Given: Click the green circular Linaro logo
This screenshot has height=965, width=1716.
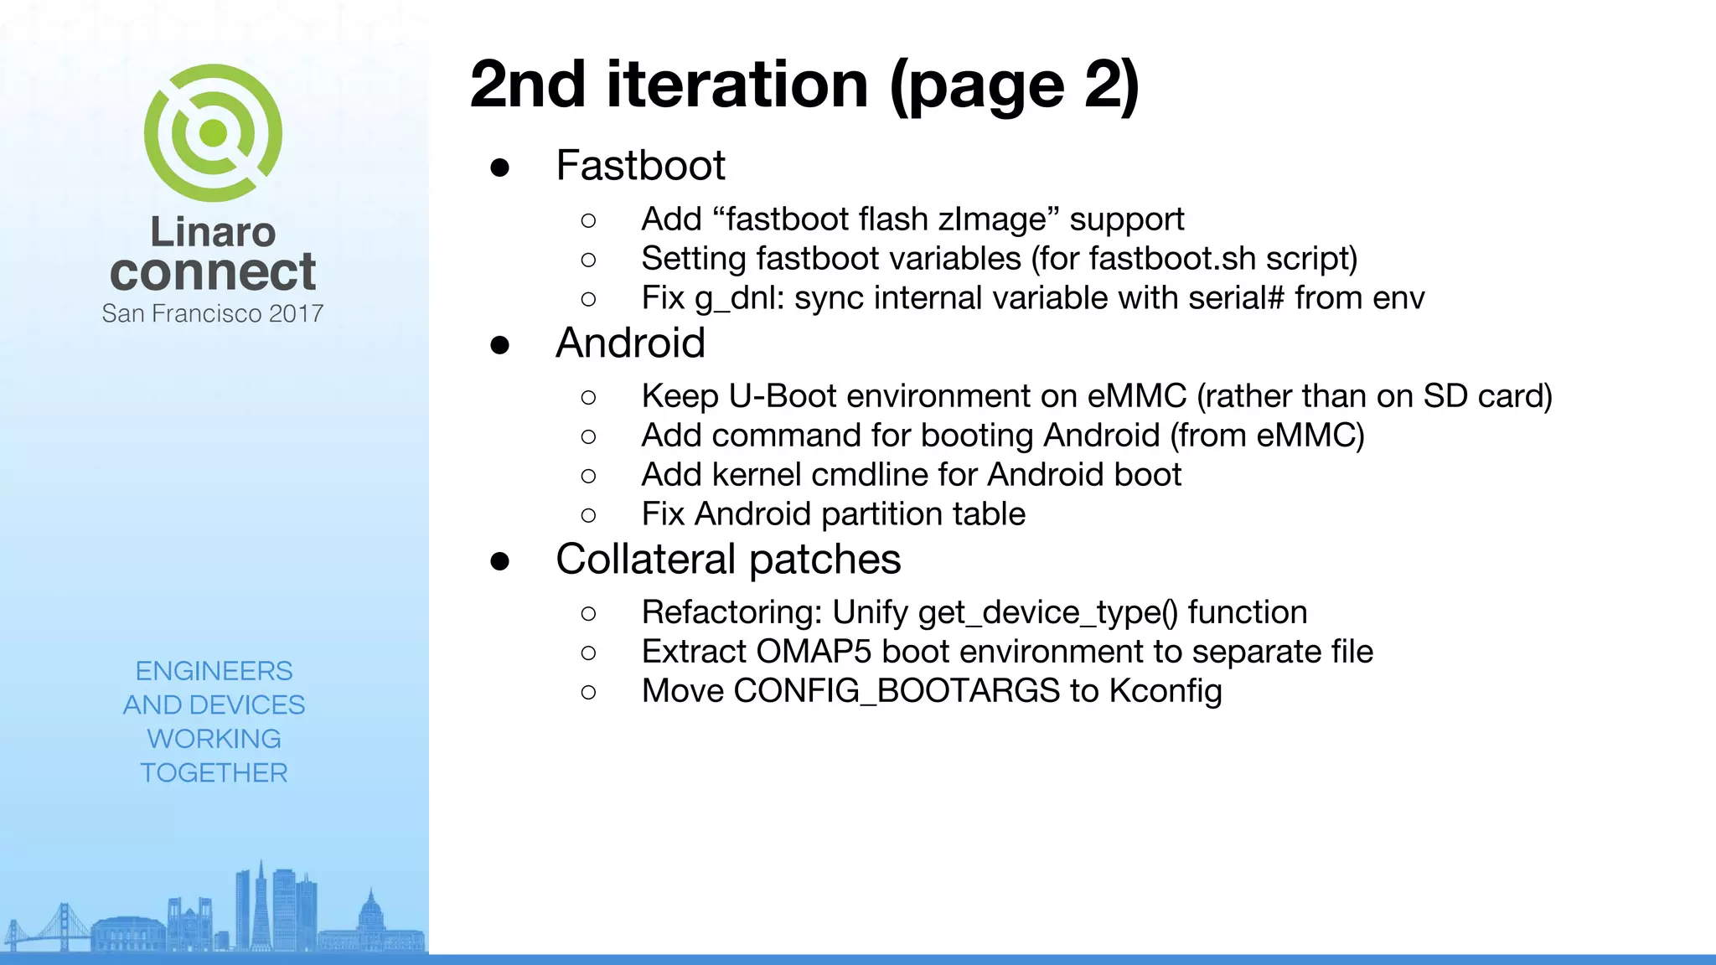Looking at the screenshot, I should pos(213,132).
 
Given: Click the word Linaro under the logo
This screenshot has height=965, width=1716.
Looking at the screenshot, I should pos(213,232).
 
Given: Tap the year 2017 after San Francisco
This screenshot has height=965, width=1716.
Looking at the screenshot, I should pos(296,313).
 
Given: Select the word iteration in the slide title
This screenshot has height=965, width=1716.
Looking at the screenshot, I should pos(737,85).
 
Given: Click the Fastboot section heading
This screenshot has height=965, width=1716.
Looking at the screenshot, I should pos(640,165).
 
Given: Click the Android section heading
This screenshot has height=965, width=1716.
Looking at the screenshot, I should pos(630,343).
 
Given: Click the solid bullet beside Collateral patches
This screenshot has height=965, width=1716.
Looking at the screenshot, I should pos(500,561).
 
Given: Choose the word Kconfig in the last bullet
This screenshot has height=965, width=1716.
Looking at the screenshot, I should pos(1166,692).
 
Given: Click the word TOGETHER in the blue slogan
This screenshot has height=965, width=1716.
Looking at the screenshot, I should pos(214,772).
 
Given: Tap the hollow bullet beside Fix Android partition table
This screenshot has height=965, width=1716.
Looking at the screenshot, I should pos(588,515).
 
